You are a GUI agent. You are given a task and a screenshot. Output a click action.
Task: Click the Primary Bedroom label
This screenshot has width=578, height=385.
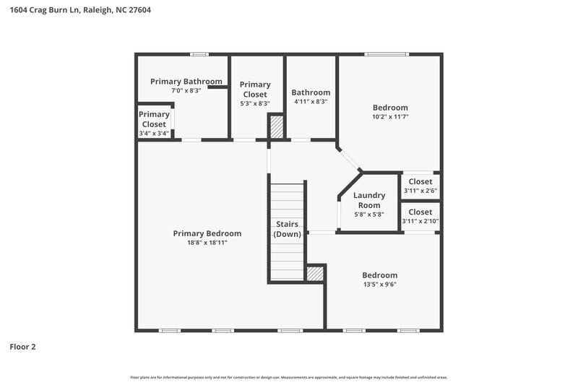coord(207,233)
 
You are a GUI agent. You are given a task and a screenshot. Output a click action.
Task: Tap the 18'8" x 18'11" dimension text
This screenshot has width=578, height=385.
coord(207,243)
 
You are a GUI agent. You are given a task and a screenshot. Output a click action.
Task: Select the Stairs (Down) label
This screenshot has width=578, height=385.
coord(287,229)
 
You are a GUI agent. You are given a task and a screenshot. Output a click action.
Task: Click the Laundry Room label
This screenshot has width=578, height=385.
coord(369,200)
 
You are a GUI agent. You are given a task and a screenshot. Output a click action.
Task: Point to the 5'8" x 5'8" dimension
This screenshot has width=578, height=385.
coord(369,215)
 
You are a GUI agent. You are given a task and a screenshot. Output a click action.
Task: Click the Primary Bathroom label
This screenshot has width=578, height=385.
coord(186,81)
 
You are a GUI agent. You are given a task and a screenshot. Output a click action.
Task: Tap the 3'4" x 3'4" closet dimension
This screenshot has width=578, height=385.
coord(154,134)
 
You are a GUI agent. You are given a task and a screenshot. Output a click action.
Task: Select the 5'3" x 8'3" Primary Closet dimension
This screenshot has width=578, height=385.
coord(255,103)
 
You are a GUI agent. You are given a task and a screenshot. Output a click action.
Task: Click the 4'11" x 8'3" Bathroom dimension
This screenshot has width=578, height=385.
coord(311,102)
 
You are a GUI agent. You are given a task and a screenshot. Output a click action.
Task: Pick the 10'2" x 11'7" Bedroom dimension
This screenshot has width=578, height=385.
coord(390,116)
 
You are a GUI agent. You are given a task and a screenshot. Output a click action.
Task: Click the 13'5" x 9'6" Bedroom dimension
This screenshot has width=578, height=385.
coord(379,285)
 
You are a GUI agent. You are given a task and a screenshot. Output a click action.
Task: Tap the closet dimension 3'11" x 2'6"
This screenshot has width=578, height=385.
coord(420,191)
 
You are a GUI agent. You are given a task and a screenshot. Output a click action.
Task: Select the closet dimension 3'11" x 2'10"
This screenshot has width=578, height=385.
coord(420,221)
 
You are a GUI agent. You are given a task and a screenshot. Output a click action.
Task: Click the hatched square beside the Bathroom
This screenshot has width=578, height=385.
coord(276,126)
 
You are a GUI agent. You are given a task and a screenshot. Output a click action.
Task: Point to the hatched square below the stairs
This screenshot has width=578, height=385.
coord(314,274)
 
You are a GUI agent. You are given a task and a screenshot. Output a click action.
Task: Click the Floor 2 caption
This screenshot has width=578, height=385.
coord(22,347)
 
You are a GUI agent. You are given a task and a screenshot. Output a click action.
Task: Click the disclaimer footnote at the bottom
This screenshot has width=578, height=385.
coord(288,377)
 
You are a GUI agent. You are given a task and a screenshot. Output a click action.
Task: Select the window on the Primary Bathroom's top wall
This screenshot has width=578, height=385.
coord(199,53)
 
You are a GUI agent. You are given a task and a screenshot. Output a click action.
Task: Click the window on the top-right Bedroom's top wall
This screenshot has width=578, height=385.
coord(385,53)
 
